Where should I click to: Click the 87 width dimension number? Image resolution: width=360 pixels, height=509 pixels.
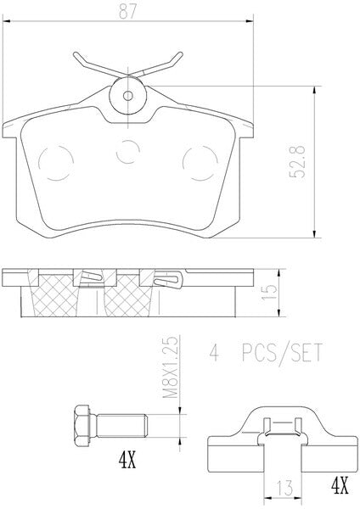point(127,12)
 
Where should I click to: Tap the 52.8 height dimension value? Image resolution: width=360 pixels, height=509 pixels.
point(298,162)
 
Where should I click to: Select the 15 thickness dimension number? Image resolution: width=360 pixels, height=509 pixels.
point(270,292)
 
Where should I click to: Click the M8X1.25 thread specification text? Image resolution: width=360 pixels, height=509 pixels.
point(171,367)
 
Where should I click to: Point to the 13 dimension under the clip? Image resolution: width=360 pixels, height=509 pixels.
point(285,488)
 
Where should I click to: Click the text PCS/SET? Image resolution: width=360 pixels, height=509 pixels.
point(282,353)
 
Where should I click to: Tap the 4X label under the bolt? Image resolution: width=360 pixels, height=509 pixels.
point(127,461)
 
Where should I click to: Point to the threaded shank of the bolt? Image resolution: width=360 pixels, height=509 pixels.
point(122,426)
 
